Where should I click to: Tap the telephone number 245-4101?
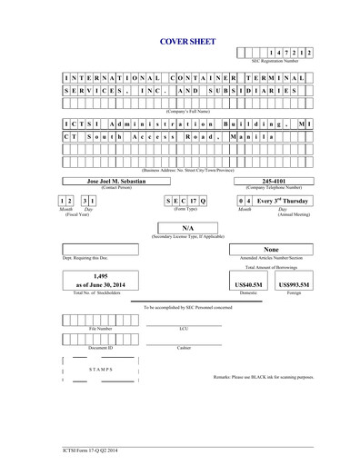tap(273, 180)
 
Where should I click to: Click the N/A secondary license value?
tap(189, 228)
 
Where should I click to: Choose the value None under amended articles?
tap(271, 249)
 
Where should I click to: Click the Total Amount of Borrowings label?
tap(271, 269)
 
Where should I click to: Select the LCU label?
tap(184, 328)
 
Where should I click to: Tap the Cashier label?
tap(184, 348)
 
